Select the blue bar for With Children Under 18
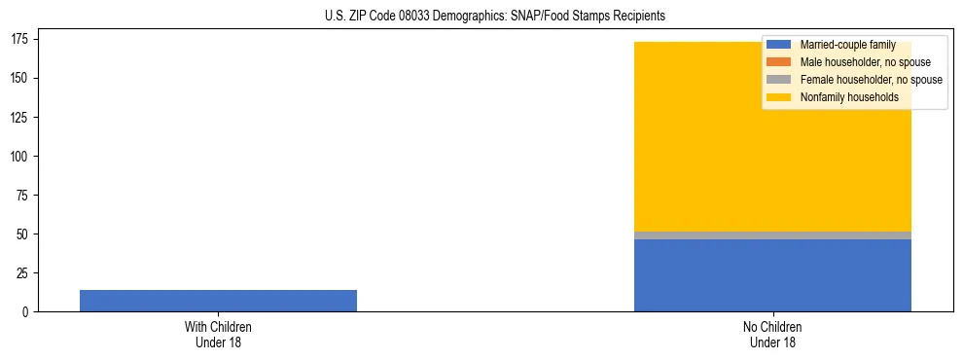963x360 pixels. point(218,301)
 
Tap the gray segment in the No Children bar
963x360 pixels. point(772,235)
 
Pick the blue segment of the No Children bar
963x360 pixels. point(772,275)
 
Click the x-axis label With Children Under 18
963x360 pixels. point(218,334)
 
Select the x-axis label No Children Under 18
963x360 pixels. point(772,334)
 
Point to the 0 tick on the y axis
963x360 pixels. point(27,312)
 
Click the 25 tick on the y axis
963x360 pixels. point(24,273)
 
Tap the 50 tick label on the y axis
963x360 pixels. point(24,234)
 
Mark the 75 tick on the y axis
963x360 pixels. point(24,196)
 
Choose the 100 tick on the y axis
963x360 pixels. point(21,157)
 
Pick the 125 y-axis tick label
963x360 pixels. point(21,118)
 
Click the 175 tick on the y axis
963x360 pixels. point(21,40)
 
